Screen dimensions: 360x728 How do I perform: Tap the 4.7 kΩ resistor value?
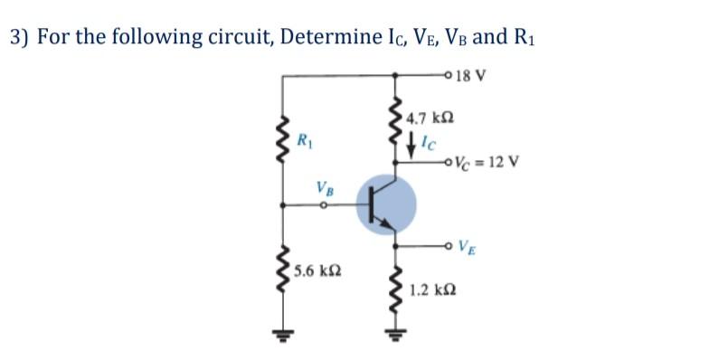click(430, 118)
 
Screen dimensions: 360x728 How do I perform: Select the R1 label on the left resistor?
click(307, 139)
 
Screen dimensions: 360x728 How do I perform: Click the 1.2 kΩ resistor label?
click(430, 291)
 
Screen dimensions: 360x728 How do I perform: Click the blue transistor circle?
click(387, 205)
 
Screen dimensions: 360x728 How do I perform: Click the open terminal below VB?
click(323, 204)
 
